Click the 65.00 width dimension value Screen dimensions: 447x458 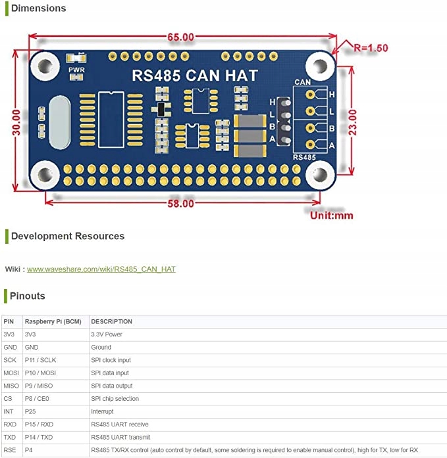(180, 37)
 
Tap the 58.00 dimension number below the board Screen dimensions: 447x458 (180, 204)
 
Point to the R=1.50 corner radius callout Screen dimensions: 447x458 (371, 47)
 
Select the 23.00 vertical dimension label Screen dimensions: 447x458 (352, 122)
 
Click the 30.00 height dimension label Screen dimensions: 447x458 (16, 122)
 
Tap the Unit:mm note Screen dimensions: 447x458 (331, 216)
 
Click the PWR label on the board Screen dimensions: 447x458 (76, 70)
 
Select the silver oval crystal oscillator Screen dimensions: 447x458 (60, 122)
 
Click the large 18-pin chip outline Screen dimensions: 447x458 (111, 120)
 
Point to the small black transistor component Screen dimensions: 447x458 (161, 109)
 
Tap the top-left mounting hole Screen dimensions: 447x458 (45, 66)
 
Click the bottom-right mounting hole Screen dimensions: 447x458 (320, 175)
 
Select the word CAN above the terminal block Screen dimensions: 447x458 (302, 82)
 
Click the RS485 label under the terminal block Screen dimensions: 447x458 (304, 158)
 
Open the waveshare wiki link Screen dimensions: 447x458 (101, 269)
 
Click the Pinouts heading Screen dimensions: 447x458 (28, 296)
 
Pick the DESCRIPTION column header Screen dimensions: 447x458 (111, 321)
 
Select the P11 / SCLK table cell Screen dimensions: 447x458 (40, 360)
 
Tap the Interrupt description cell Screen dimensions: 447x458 (102, 411)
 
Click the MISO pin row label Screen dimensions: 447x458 (11, 386)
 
